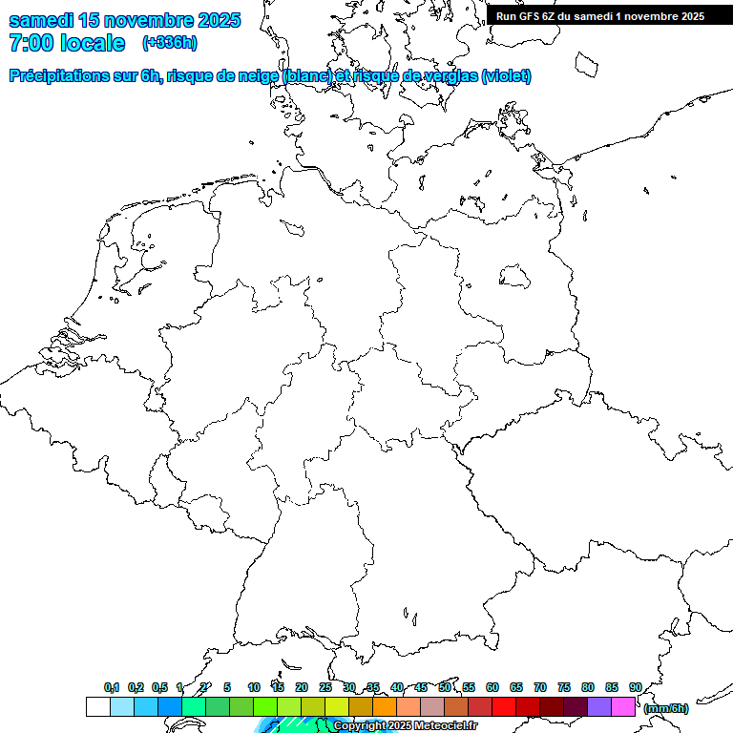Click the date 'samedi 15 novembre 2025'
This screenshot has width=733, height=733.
(x=125, y=20)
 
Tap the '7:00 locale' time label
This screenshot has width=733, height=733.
(x=66, y=43)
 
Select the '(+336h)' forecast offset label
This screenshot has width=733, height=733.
(x=169, y=43)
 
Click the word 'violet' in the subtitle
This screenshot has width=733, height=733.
(x=505, y=76)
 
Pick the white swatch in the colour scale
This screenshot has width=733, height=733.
(x=97, y=707)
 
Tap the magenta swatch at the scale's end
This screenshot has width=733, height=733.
(x=623, y=707)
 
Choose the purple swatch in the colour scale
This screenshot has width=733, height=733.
(x=599, y=707)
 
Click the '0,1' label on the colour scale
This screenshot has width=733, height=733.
(x=112, y=687)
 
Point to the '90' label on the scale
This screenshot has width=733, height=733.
(x=636, y=687)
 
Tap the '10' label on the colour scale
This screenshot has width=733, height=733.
(x=254, y=687)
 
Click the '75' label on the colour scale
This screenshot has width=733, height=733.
(x=564, y=687)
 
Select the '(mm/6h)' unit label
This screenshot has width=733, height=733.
(x=666, y=708)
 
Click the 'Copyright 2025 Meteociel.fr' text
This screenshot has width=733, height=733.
(x=405, y=726)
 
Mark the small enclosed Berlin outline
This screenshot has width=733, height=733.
(x=515, y=276)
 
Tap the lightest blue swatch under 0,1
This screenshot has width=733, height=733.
(x=121, y=707)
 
